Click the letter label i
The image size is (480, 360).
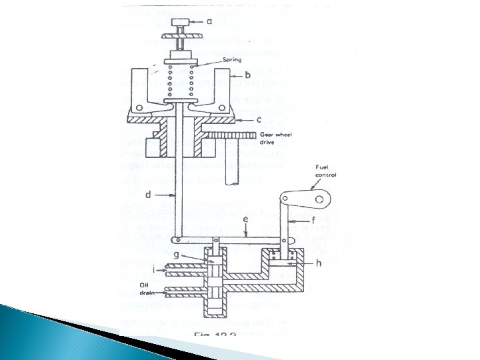coord(154,270)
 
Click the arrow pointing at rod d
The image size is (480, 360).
coord(165,196)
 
